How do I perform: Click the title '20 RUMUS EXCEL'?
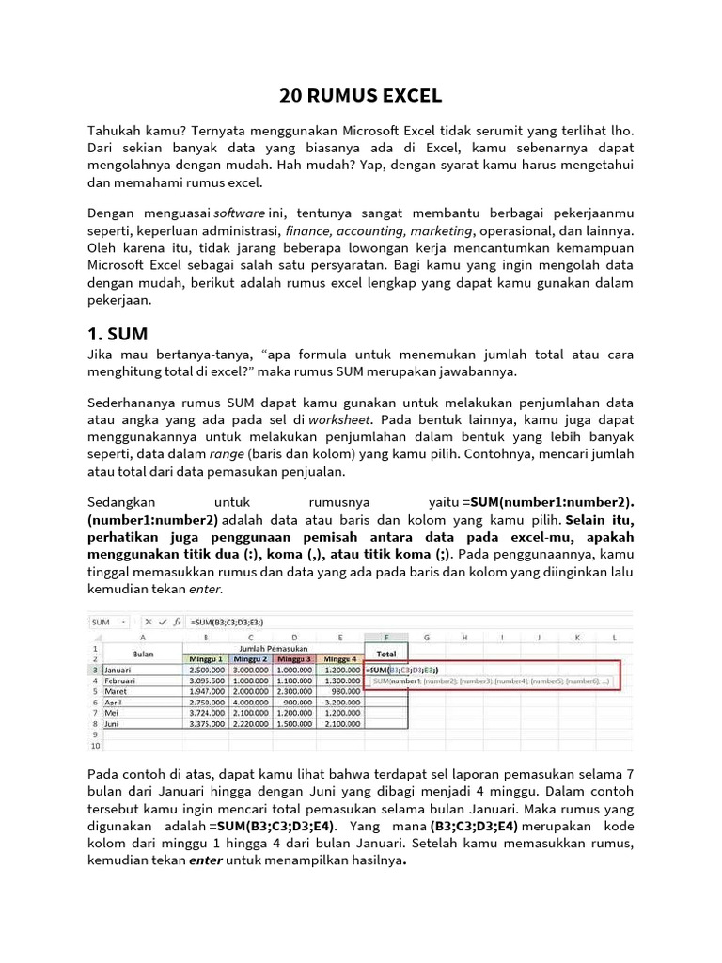click(x=361, y=96)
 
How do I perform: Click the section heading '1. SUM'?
click(x=118, y=333)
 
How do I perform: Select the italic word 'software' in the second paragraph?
click(x=240, y=213)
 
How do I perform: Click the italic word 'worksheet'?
click(x=342, y=418)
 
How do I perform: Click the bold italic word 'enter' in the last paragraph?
click(x=206, y=860)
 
